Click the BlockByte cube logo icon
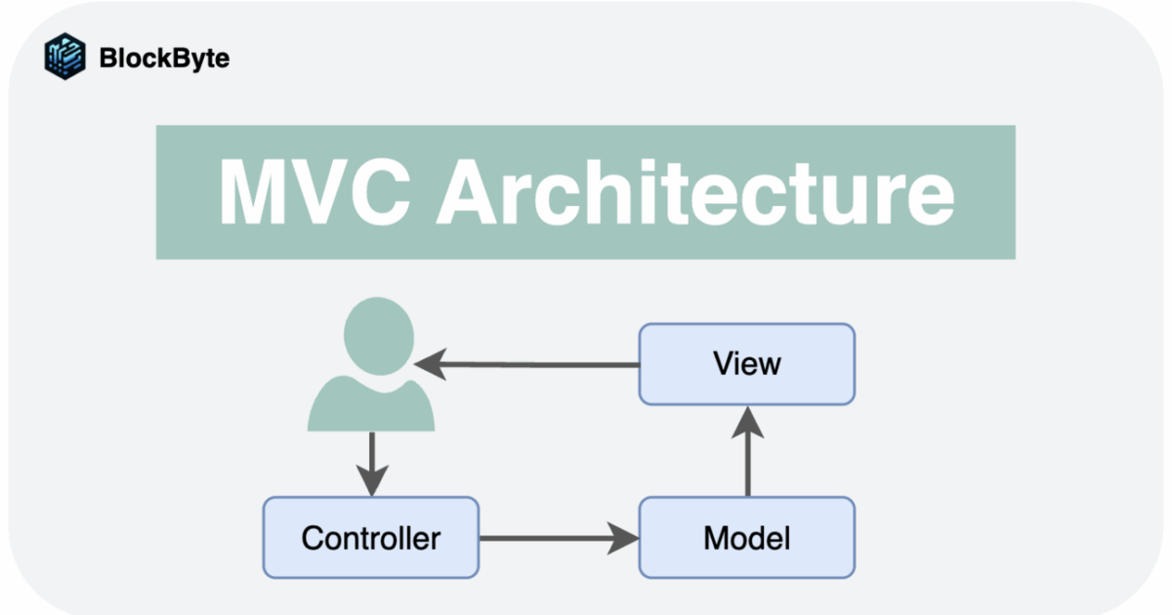click(x=65, y=56)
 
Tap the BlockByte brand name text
click(x=164, y=58)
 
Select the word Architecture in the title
click(x=693, y=191)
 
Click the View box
click(x=747, y=364)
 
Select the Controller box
click(x=371, y=537)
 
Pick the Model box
click(x=747, y=537)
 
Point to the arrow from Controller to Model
click(x=557, y=537)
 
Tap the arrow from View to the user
click(x=527, y=365)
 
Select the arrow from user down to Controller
click(x=371, y=464)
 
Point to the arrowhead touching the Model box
click(x=625, y=537)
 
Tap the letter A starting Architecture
click(x=473, y=191)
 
